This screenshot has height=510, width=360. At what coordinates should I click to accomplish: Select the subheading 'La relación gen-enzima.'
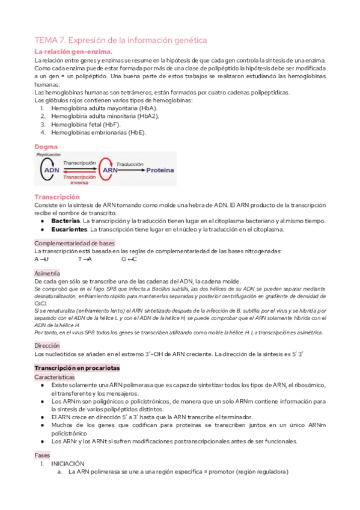pos(73,52)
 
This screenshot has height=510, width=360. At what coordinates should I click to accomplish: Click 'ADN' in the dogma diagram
pos(52,170)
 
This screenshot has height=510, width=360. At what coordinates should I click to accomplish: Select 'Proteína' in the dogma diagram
pos(158,170)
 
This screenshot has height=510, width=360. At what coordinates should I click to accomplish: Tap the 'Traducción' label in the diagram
pos(130,163)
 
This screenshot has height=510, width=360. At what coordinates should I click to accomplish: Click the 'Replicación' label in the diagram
pos(49,155)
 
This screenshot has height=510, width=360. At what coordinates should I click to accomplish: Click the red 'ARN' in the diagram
pos(110,170)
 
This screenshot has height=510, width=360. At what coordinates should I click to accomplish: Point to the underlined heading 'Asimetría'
pos(47,273)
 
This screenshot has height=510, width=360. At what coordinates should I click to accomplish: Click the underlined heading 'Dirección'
pos(47,346)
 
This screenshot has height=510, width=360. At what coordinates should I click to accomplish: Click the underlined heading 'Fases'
pos(42,455)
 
